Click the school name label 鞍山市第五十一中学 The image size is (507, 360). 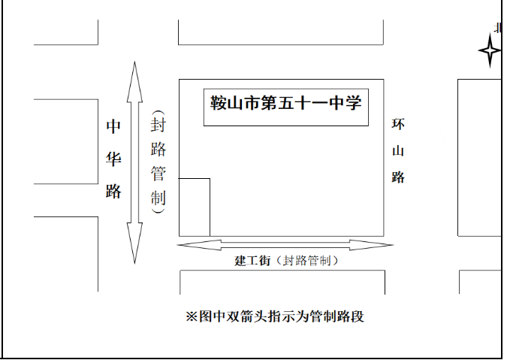point(286,103)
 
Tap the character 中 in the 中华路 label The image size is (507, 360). point(113,126)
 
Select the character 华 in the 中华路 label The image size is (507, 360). point(113,159)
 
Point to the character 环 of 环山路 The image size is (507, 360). point(398,124)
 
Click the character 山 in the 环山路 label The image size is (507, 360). point(398,151)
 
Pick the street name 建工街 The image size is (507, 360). point(252,260)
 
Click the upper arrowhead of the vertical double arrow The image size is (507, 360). point(134,82)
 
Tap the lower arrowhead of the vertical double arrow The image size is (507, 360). point(134,243)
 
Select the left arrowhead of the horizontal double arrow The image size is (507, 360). point(199,245)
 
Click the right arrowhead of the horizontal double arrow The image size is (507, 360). point(372,245)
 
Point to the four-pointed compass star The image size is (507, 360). point(490,51)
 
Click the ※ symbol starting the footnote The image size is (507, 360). point(192,316)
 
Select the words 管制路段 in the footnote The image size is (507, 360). point(337,316)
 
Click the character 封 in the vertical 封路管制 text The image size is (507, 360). point(158,125)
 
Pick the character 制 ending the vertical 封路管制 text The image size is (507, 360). point(158,198)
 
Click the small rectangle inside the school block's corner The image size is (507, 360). point(195,207)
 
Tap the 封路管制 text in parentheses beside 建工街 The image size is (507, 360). point(306,260)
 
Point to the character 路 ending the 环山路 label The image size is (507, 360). point(398,177)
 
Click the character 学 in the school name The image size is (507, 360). point(354,103)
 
